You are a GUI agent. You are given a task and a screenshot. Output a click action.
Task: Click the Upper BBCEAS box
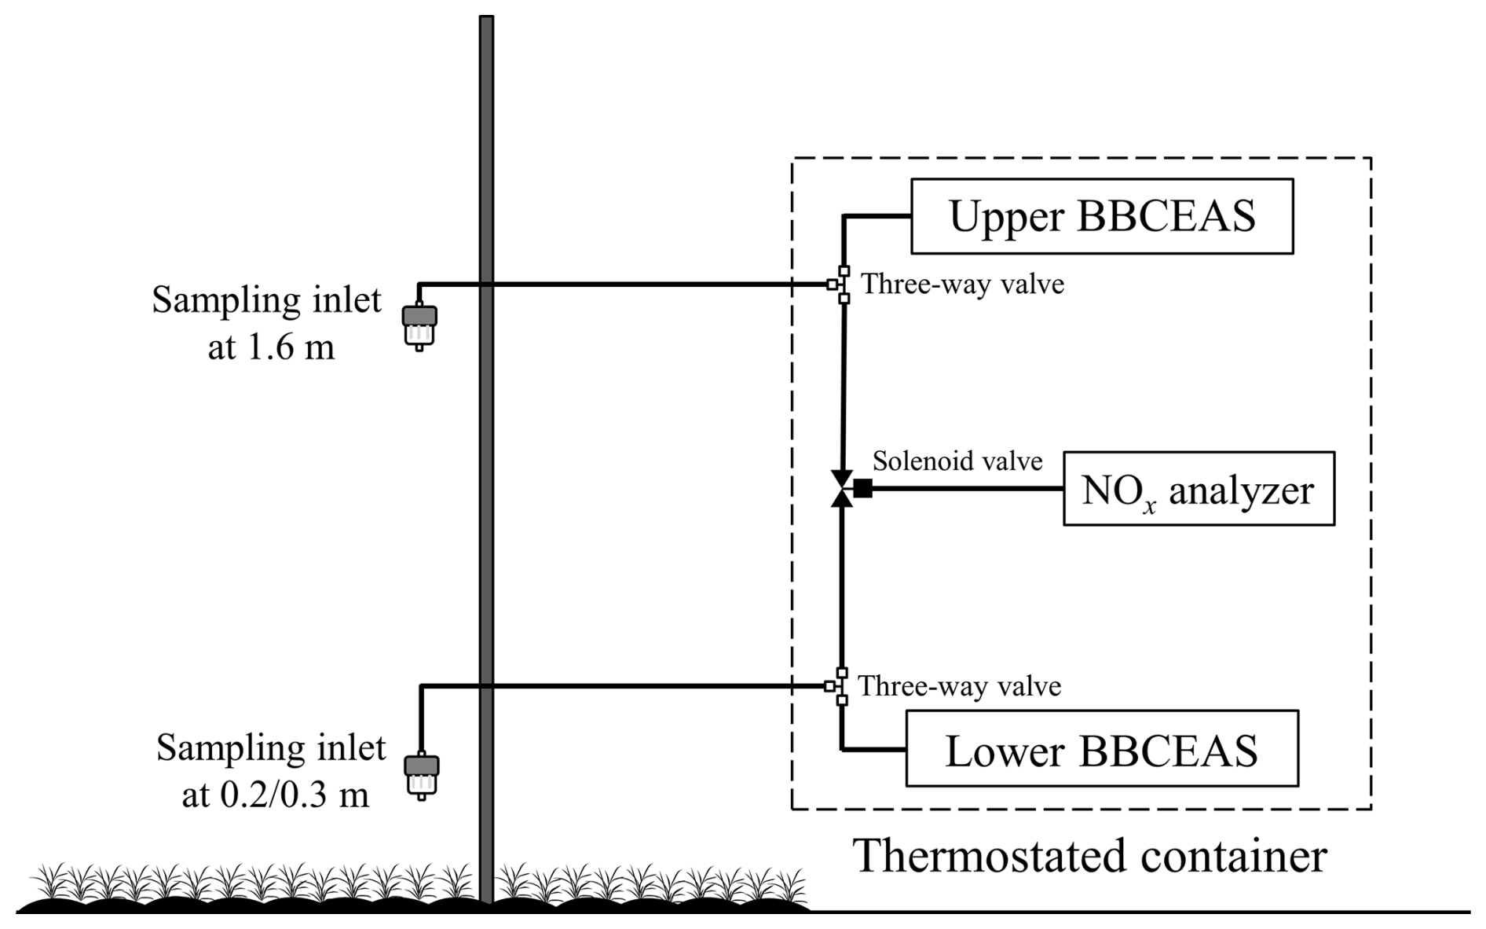point(1101,216)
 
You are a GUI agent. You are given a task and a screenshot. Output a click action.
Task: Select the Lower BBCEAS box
point(1101,748)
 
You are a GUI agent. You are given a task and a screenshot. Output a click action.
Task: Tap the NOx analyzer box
point(1198,488)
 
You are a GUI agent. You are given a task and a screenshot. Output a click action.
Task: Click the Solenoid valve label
point(957,461)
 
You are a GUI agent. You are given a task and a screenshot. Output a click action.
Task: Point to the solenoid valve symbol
point(843,488)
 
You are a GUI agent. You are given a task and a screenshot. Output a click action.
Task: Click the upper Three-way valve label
point(962,284)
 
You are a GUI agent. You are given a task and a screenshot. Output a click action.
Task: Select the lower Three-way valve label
point(959,686)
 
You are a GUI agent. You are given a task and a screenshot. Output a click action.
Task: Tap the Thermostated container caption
point(1090,856)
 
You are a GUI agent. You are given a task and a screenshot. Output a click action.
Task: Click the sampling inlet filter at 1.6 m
point(419,325)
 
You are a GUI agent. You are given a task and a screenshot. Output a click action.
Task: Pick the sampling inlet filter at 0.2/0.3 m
point(421,775)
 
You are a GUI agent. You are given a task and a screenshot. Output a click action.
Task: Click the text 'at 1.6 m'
point(271,346)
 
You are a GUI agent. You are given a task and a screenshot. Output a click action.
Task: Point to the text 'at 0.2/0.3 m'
point(275,795)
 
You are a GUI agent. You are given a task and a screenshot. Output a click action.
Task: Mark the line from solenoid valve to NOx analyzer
point(966,488)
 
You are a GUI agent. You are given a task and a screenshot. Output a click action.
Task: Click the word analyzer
point(1241,490)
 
